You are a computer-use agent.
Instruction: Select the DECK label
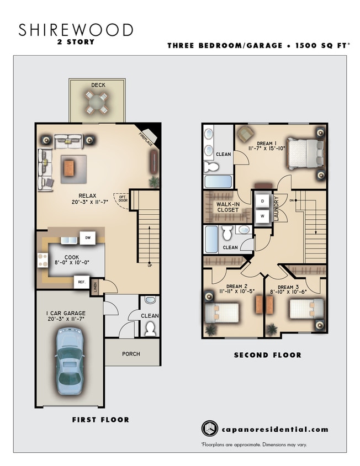[98, 85]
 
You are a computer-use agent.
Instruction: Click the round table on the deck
[96, 102]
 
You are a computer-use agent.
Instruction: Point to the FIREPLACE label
[145, 136]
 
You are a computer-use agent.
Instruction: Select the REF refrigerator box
[81, 282]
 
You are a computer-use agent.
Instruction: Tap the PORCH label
[131, 354]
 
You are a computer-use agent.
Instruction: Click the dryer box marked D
[262, 201]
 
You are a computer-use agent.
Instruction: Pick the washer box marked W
[262, 216]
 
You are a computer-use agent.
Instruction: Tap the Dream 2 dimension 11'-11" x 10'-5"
[237, 292]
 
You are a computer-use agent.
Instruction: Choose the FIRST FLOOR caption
[100, 420]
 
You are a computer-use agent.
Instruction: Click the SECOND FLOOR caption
[267, 355]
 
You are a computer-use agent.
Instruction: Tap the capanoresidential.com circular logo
[209, 429]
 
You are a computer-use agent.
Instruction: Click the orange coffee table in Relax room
[69, 167]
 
